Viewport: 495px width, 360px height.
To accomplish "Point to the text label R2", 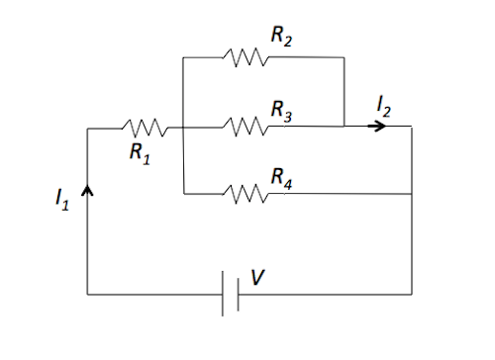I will (282, 37).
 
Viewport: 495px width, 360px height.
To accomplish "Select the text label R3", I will (282, 107).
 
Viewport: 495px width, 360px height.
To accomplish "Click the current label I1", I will (62, 199).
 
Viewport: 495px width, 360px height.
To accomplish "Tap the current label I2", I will (387, 105).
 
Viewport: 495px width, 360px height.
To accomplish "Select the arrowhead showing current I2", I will (379, 127).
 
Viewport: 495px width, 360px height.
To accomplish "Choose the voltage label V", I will (257, 278).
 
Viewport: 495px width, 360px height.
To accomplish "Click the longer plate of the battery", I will (223, 294).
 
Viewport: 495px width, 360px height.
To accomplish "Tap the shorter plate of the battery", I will (238, 294).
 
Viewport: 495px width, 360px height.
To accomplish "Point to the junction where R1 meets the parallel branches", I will (184, 127).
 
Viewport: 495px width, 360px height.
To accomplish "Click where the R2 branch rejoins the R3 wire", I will (343, 127).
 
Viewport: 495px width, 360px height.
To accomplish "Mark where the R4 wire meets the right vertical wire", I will (411, 194).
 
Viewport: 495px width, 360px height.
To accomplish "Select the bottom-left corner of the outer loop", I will (89, 294).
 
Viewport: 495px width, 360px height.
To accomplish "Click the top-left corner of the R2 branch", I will (184, 58).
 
